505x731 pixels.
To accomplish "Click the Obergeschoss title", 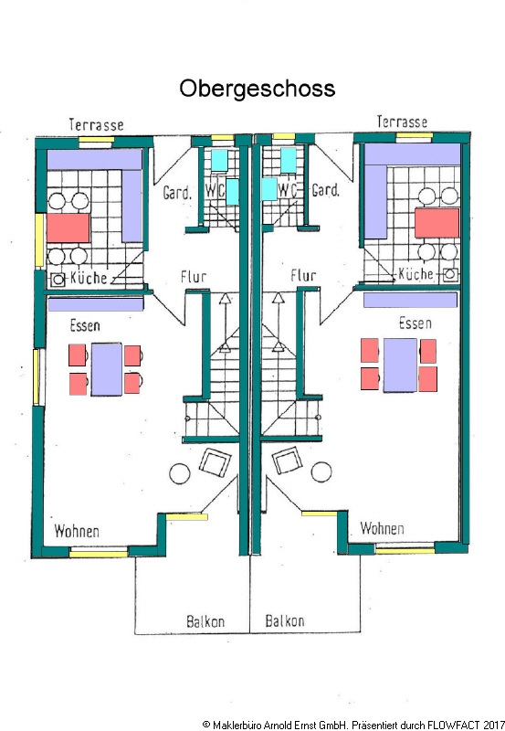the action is (x=258, y=89).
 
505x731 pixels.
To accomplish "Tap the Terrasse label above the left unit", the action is (x=97, y=125).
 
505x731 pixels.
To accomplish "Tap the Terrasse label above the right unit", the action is (x=402, y=122).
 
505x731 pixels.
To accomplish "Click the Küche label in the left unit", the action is (x=89, y=278).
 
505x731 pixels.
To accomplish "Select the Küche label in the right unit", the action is (x=416, y=273).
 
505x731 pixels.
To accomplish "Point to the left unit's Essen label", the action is (x=85, y=325).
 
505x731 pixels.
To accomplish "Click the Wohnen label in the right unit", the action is (x=382, y=528).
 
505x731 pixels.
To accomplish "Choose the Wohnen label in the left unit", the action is (x=77, y=531).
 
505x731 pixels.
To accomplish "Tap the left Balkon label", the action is (x=205, y=621).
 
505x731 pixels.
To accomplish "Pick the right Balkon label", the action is (x=285, y=620).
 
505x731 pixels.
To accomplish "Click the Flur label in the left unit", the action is (x=194, y=277).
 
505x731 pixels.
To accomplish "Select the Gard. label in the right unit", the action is (x=326, y=190).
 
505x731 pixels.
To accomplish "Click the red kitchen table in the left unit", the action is (x=68, y=228).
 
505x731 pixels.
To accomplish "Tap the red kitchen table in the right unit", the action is (x=437, y=223).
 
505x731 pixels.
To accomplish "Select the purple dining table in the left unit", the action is (x=107, y=369).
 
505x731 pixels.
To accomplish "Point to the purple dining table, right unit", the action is (x=400, y=365).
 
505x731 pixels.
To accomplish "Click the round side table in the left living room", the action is (x=180, y=474).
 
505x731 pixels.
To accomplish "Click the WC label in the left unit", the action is (x=215, y=191).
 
